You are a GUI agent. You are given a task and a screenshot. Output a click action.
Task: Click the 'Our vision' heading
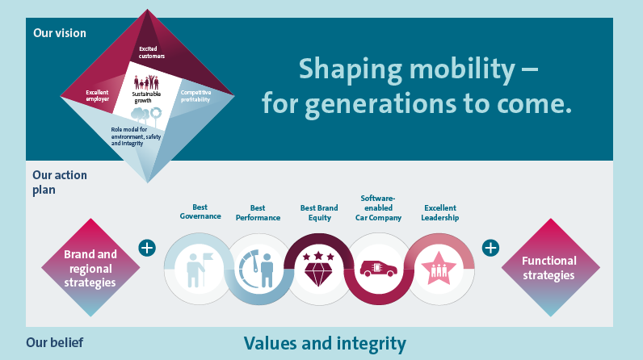(60, 33)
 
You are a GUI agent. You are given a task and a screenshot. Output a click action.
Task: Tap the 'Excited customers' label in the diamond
(151, 52)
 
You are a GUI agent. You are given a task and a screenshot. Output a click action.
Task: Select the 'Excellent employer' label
(97, 96)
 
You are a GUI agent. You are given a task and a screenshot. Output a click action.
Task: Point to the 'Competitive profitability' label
(195, 96)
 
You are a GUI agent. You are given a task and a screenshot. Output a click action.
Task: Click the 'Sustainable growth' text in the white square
(146, 97)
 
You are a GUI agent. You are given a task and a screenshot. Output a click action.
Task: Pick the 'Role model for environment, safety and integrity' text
(136, 136)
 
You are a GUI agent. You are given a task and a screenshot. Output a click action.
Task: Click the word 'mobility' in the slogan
(462, 69)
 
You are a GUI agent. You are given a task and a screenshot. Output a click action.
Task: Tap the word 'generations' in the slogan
(380, 104)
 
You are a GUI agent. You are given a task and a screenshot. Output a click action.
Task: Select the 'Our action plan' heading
(60, 182)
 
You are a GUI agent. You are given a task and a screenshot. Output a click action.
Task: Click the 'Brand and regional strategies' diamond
(90, 267)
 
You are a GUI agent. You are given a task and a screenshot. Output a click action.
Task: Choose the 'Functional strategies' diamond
(550, 267)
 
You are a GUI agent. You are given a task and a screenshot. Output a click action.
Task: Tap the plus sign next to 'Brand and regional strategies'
(147, 248)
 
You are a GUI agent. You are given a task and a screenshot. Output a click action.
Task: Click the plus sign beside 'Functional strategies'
(490, 248)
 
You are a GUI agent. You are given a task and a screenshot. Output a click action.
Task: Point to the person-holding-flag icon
(199, 269)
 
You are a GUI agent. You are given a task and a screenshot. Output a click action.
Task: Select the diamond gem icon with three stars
(318, 269)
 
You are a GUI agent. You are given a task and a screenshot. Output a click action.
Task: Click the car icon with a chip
(379, 269)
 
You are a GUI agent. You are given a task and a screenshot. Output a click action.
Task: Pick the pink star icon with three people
(439, 268)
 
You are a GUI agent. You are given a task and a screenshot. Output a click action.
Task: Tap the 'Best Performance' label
(258, 213)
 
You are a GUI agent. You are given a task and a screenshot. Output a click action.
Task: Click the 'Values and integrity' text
(325, 344)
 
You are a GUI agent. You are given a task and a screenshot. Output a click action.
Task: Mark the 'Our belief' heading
(55, 342)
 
